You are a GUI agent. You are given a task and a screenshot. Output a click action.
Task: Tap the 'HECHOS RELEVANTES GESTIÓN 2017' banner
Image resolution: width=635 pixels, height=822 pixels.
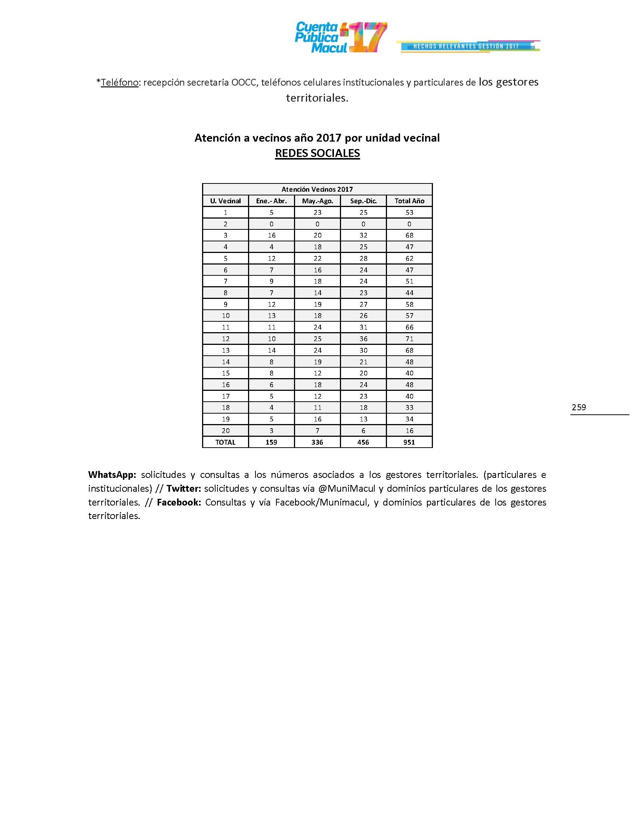tap(466, 46)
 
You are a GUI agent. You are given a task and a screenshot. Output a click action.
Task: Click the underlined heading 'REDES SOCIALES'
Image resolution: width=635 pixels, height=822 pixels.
tap(317, 153)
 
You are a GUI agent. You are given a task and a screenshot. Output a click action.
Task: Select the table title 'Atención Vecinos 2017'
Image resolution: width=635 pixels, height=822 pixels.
tap(317, 189)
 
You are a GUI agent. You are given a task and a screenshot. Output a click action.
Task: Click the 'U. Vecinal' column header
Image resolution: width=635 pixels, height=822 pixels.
tap(225, 201)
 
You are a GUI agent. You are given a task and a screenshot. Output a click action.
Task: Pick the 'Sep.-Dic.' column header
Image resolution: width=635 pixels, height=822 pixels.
tap(363, 201)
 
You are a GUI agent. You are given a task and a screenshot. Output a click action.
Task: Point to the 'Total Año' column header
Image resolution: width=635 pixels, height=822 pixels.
tap(409, 201)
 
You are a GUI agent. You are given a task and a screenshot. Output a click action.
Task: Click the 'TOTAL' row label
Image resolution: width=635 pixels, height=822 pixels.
tap(225, 442)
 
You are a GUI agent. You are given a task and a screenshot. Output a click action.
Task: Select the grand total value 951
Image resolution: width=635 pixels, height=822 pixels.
tap(409, 442)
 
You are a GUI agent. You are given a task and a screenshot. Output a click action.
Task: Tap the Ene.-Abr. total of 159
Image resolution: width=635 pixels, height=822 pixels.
tap(271, 442)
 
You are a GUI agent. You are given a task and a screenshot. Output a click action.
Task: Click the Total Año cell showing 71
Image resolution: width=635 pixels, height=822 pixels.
tap(409, 339)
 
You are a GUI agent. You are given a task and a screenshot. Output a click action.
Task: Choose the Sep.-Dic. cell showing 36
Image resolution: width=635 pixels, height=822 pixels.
tap(363, 339)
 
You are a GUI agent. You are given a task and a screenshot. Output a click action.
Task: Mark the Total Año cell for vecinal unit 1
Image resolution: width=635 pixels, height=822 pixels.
tap(409, 213)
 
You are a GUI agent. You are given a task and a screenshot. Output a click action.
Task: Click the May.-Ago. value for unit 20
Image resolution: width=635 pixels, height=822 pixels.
tap(317, 430)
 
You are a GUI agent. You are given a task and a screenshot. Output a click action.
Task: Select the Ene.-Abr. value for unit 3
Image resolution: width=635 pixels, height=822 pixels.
tap(272, 235)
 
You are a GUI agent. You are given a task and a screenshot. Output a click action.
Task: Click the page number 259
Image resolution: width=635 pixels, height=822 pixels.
tap(579, 407)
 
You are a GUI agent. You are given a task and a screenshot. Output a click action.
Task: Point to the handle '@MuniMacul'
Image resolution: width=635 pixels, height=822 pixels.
tap(347, 489)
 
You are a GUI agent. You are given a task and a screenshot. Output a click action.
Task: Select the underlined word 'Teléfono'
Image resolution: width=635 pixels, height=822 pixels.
tap(120, 83)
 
